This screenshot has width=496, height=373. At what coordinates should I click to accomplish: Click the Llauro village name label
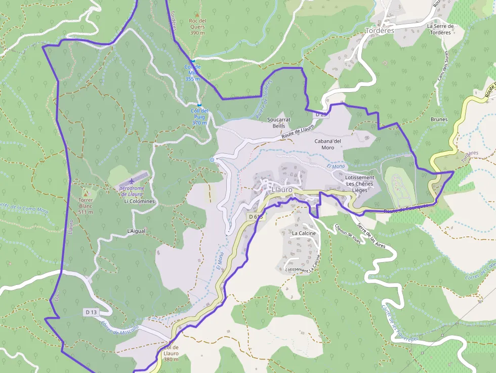click(x=282, y=190)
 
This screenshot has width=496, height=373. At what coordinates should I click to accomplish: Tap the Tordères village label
click(x=380, y=30)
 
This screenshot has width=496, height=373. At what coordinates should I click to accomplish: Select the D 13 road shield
click(x=91, y=312)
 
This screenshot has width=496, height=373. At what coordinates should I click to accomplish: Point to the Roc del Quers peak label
click(x=197, y=24)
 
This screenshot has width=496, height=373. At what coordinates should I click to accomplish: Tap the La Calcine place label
click(x=304, y=233)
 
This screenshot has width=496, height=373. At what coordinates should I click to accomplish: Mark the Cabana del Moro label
click(x=327, y=144)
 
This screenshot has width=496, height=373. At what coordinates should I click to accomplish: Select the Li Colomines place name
click(x=139, y=201)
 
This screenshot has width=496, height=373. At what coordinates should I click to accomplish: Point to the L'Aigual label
click(x=136, y=231)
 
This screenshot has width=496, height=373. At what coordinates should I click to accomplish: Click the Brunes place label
click(x=439, y=120)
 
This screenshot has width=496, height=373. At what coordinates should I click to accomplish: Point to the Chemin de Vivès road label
click(x=348, y=234)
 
